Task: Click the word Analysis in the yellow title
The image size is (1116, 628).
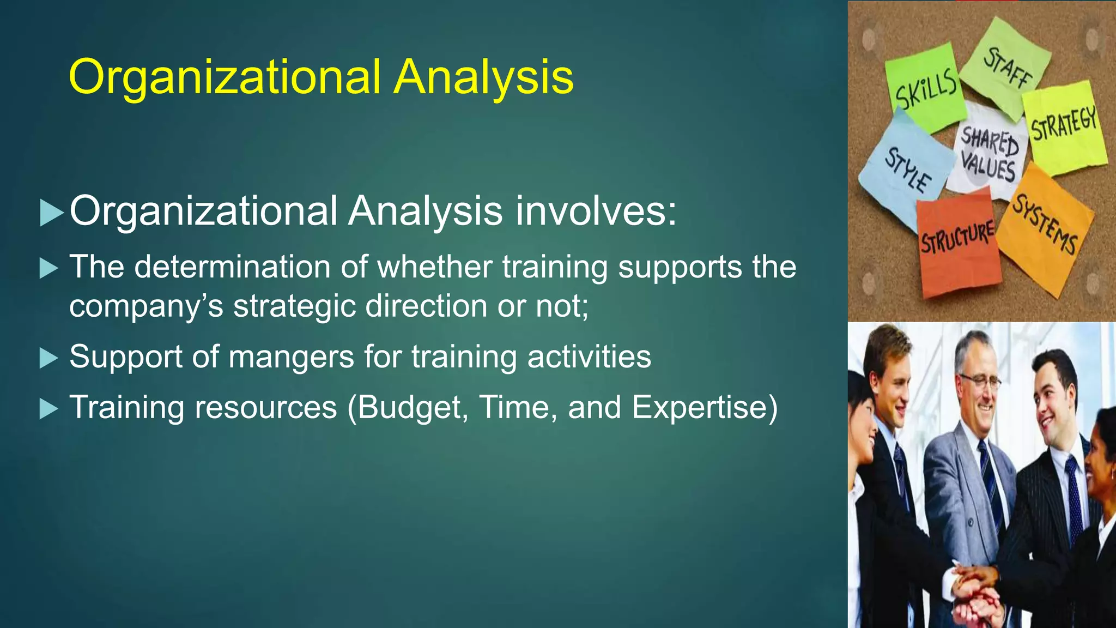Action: click(x=483, y=77)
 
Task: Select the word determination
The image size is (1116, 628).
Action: click(x=232, y=267)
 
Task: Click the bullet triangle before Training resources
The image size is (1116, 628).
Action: click(x=48, y=409)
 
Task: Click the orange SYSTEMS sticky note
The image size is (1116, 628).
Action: click(x=1044, y=229)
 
